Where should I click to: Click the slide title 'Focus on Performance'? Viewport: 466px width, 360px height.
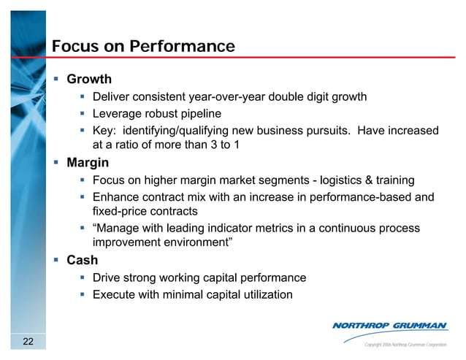point(143,47)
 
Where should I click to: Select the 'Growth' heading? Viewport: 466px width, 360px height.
point(89,79)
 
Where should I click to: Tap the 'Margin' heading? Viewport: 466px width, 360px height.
point(88,162)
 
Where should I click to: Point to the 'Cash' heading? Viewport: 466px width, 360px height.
point(82,260)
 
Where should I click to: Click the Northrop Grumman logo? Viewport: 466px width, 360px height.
point(390,326)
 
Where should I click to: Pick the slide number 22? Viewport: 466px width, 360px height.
point(28,342)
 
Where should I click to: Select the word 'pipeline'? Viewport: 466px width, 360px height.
point(198,114)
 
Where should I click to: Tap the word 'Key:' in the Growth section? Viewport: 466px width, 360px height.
point(105,131)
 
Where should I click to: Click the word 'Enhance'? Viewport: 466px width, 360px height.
point(117,197)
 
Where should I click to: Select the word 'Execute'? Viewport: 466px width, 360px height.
point(115,295)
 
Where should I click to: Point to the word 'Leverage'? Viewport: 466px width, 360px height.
point(118,114)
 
